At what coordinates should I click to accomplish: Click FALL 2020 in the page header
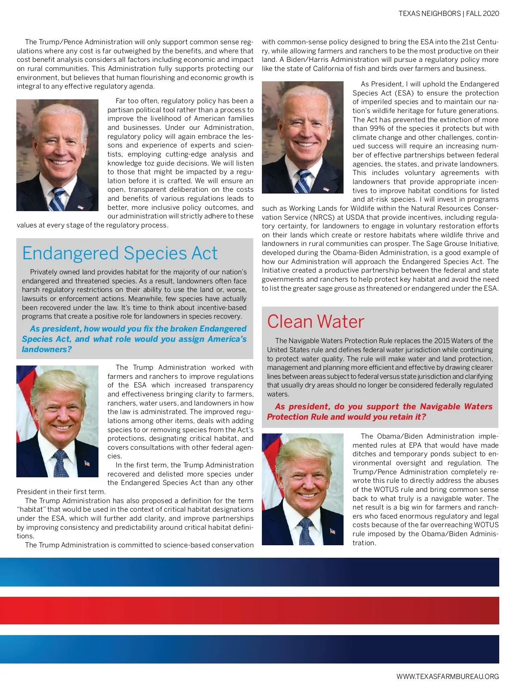click(x=482, y=13)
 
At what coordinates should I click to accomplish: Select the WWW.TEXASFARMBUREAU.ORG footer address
click(x=448, y=676)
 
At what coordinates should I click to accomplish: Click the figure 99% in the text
click(x=377, y=129)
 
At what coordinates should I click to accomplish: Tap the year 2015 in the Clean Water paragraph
click(x=442, y=341)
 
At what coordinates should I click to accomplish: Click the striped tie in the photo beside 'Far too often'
click(x=58, y=199)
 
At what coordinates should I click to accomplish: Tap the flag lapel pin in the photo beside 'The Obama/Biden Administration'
click(x=332, y=531)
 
